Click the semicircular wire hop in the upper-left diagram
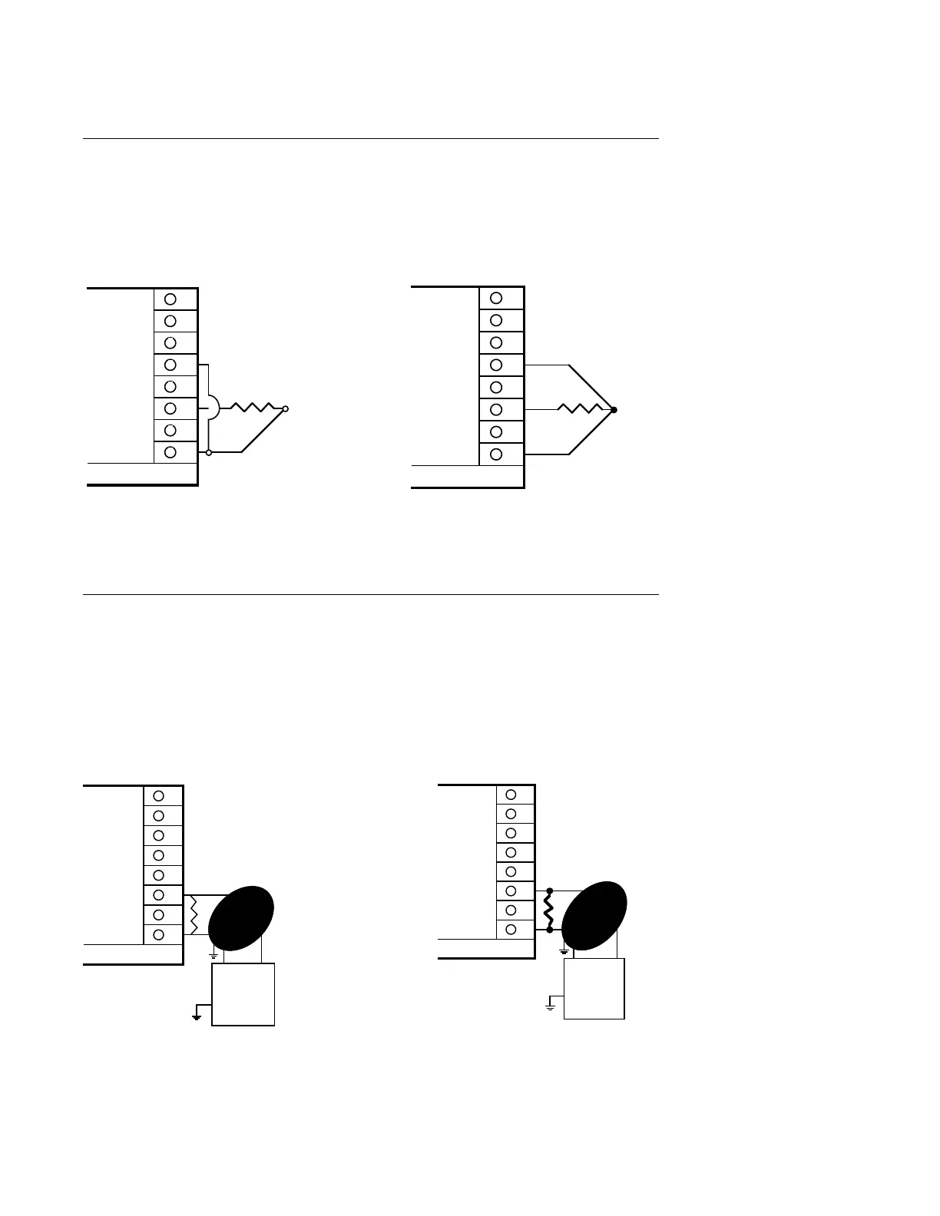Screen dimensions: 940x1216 pos(214,408)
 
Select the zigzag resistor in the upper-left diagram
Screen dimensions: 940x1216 pos(253,408)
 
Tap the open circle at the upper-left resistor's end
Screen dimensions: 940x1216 pos(285,409)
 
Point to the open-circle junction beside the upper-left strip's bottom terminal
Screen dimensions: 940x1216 pos(208,453)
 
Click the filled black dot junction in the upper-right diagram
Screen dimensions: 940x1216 pos(614,410)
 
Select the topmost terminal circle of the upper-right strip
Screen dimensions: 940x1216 pos(496,298)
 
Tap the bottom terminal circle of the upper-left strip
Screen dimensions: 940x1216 pos(170,452)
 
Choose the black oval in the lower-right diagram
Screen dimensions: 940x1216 pos(595,915)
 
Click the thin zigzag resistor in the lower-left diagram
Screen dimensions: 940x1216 pos(194,915)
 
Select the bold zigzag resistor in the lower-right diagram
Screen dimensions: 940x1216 pos(548,910)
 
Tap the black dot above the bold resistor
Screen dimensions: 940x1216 pos(549,891)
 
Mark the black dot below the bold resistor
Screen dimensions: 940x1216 pos(549,930)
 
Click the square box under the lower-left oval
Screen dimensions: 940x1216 pos(243,994)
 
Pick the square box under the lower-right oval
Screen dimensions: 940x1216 pos(594,989)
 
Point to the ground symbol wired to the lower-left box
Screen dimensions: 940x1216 pos(197,1016)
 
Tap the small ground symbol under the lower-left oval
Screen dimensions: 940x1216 pos(213,957)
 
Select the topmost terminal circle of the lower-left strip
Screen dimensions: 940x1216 pos(159,796)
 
